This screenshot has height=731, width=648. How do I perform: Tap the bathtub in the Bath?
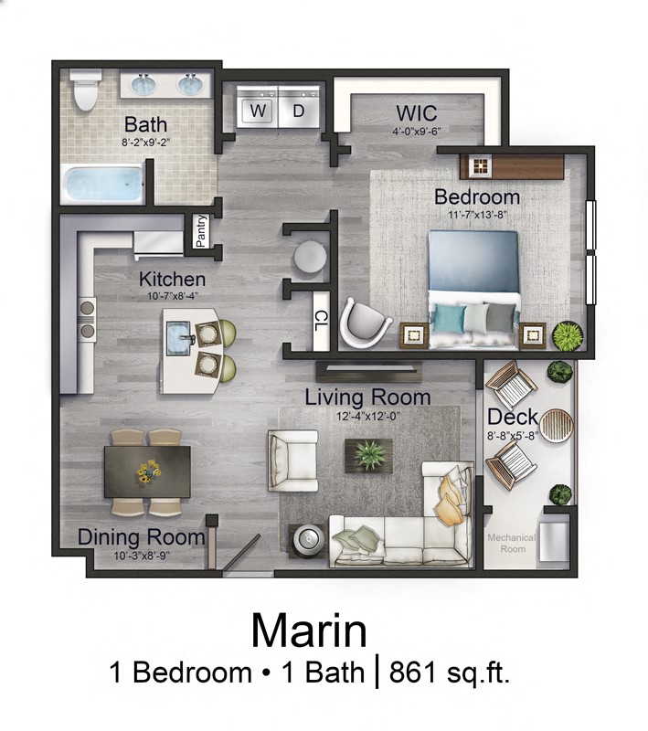pyautogui.click(x=103, y=186)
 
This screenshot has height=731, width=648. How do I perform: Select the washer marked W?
pyautogui.click(x=259, y=111)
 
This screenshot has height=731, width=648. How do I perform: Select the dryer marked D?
pyautogui.click(x=299, y=111)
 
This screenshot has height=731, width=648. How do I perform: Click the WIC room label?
pyautogui.click(x=416, y=114)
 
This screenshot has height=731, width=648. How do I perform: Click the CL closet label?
pyautogui.click(x=321, y=320)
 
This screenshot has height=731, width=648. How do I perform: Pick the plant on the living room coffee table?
pyautogui.click(x=369, y=453)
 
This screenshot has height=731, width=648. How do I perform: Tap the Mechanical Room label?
pyautogui.click(x=512, y=543)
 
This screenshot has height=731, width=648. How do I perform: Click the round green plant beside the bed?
pyautogui.click(x=566, y=334)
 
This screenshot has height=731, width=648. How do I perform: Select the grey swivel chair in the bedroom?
pyautogui.click(x=365, y=323)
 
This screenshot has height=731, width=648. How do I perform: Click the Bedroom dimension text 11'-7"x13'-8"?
pyautogui.click(x=477, y=216)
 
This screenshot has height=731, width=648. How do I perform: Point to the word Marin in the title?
pyautogui.click(x=309, y=631)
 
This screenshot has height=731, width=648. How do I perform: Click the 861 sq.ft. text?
pyautogui.click(x=449, y=673)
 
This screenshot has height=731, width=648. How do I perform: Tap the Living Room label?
pyautogui.click(x=367, y=397)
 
